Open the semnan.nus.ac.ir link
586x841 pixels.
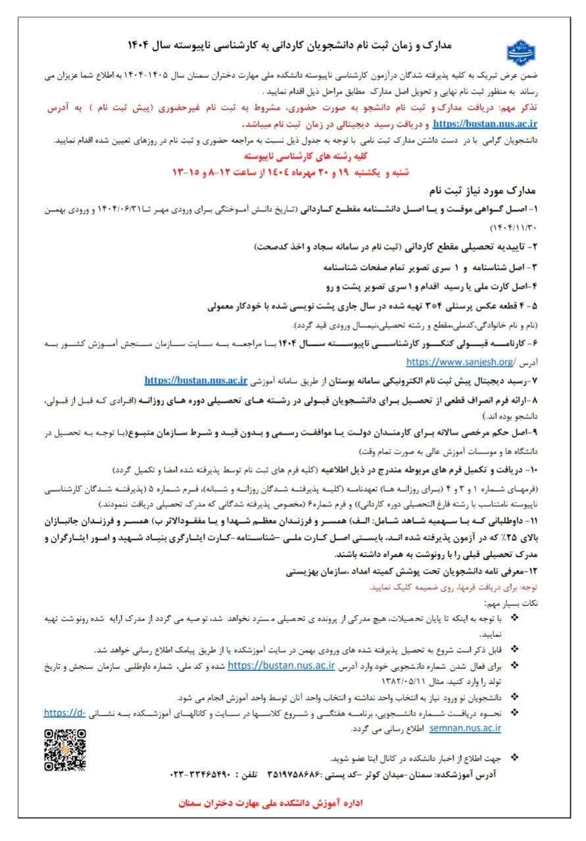click(465, 728)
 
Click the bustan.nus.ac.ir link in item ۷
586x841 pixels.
click(195, 379)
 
